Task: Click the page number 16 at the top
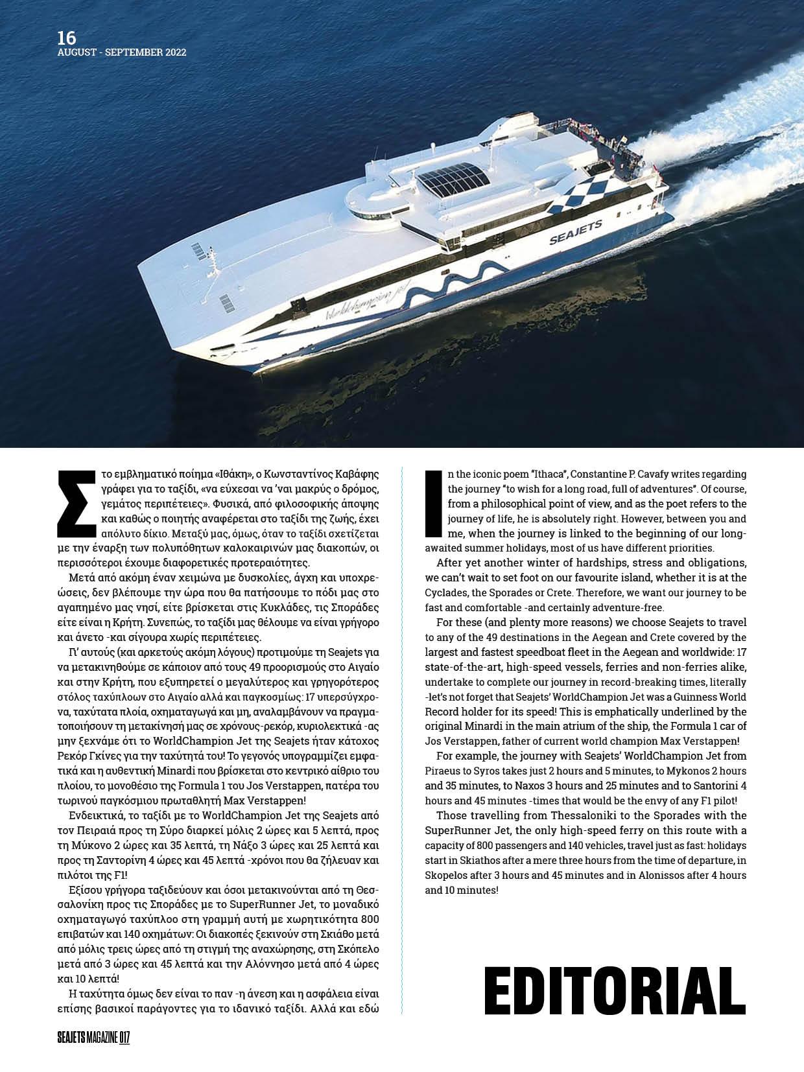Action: pos(67,38)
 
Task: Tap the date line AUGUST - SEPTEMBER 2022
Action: pos(122,52)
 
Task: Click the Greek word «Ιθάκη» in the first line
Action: pos(230,474)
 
